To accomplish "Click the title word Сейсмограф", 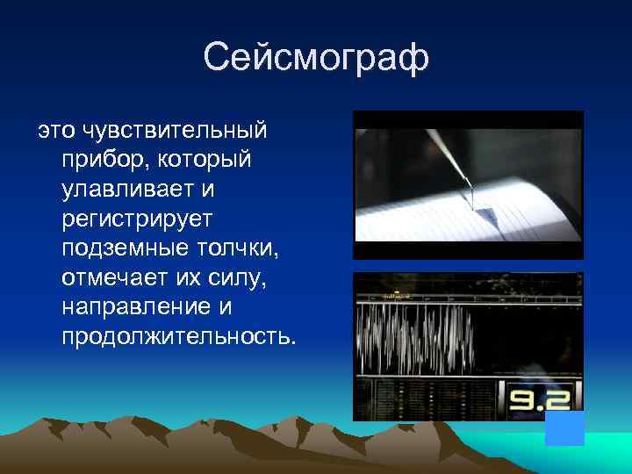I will [316, 59].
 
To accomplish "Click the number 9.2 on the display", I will [536, 400].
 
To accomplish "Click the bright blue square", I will [564, 428].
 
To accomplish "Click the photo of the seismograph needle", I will [468, 184].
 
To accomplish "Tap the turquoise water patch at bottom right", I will [606, 452].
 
